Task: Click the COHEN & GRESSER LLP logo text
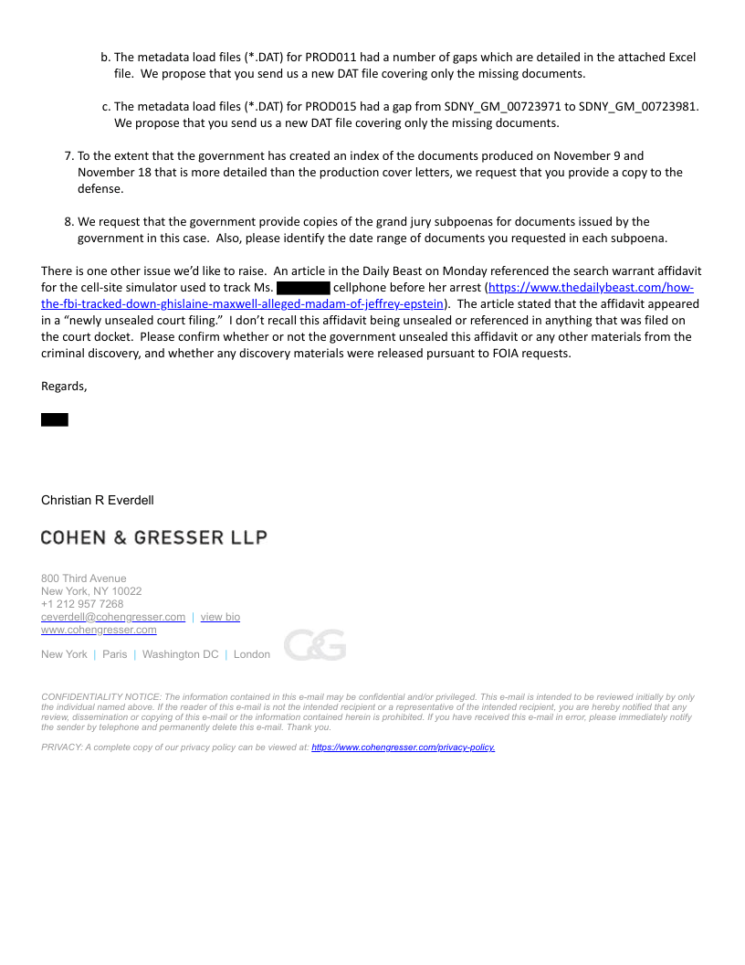tap(153, 537)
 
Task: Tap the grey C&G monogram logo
tap(315, 645)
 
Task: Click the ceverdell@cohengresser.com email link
tap(113, 617)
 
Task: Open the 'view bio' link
tap(220, 617)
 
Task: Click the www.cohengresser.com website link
tap(99, 630)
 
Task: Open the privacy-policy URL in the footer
tap(403, 748)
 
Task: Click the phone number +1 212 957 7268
tap(82, 604)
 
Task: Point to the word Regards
tap(64, 387)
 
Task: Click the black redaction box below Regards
tap(55, 419)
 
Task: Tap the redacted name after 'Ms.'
tap(302, 288)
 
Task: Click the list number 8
tap(68, 222)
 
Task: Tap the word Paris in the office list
tap(115, 654)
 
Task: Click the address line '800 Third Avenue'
tap(84, 578)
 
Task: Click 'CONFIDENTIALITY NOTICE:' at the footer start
tap(100, 697)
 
